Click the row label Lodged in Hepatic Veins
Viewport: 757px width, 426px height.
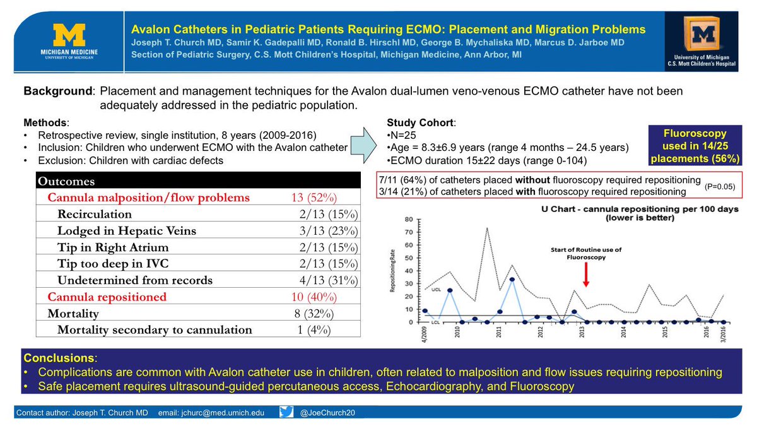pos(126,231)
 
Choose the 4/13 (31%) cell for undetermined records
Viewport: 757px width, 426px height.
pos(329,280)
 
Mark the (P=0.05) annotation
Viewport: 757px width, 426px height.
pos(722,188)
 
